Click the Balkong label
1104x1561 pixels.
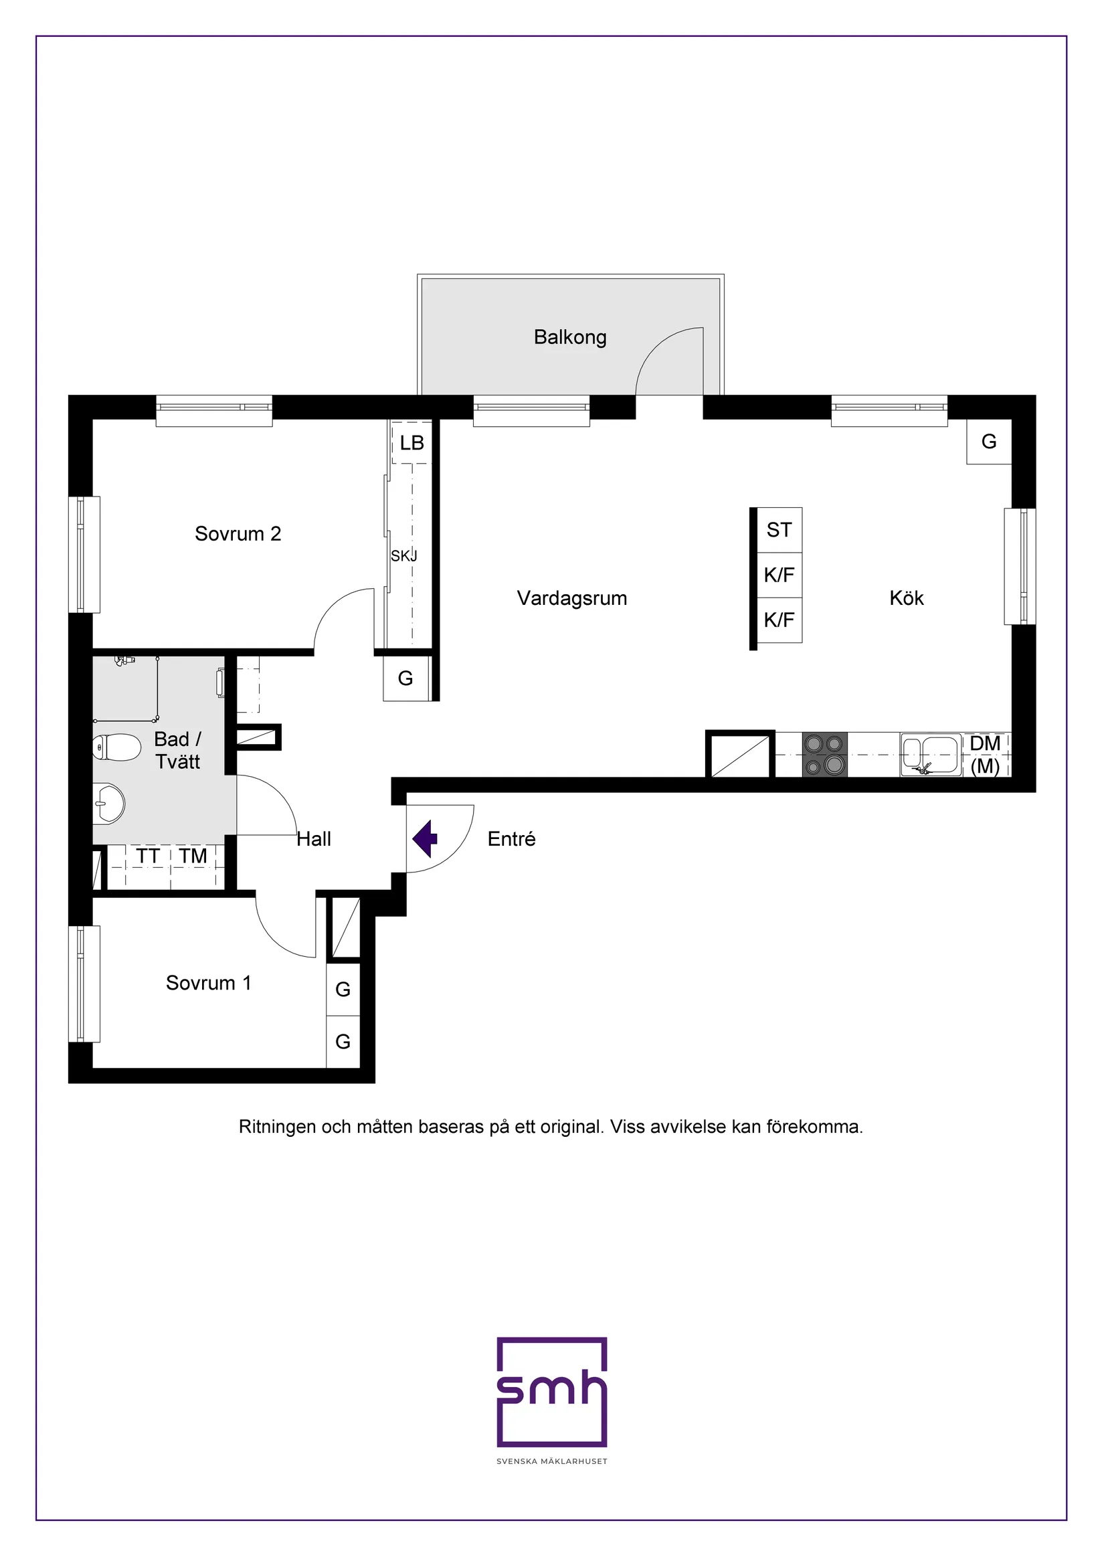(x=569, y=337)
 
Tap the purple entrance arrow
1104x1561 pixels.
(x=426, y=838)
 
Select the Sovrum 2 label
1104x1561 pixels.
(x=238, y=534)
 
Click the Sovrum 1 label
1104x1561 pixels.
(x=209, y=983)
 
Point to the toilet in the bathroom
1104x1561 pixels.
(x=117, y=747)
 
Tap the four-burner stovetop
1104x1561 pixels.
(x=824, y=755)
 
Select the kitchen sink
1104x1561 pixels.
(x=930, y=755)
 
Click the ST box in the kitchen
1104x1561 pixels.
(x=779, y=530)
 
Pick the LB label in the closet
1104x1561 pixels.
(x=412, y=444)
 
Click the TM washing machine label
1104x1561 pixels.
(x=193, y=856)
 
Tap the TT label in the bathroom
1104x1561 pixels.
(x=147, y=856)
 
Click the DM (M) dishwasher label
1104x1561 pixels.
(x=985, y=755)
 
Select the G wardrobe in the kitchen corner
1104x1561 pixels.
(x=988, y=442)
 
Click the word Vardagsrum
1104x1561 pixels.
(x=571, y=598)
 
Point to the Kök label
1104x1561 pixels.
(x=906, y=598)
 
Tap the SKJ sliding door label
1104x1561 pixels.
(x=404, y=556)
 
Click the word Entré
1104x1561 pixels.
(x=511, y=839)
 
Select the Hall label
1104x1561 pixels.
(x=313, y=839)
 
